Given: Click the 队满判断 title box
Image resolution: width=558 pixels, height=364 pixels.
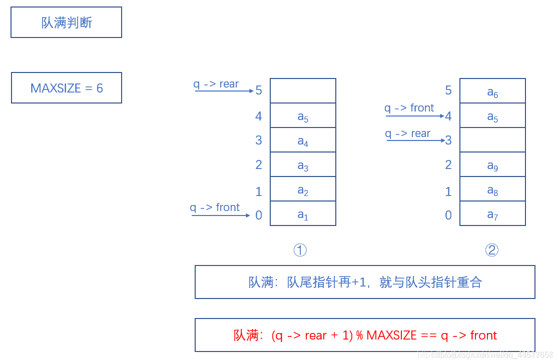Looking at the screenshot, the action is point(66,22).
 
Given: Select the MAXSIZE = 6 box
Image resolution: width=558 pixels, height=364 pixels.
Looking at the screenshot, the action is point(67,88).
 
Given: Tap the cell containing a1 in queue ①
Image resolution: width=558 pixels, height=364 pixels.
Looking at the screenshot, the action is point(303,213).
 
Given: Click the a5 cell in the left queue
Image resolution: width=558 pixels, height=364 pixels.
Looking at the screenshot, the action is point(303,115).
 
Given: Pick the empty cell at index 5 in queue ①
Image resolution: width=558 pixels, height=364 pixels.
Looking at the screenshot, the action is point(303,91).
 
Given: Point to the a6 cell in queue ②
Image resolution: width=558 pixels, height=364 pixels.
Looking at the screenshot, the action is point(492,91).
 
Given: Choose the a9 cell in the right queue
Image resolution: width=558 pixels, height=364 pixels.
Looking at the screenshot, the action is point(492,164).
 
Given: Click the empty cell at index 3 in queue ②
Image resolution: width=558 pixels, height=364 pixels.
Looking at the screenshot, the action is point(492,140).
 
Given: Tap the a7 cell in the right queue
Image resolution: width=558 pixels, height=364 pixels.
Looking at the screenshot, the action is point(492,213).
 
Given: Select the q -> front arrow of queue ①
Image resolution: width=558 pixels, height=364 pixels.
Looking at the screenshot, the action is point(220,215).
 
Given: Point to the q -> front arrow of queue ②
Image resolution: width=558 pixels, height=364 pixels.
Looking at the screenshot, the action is point(414,116).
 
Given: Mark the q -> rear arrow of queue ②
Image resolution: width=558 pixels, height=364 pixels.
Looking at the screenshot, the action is point(415,140).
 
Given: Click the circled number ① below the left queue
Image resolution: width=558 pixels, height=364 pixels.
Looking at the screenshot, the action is point(300,250).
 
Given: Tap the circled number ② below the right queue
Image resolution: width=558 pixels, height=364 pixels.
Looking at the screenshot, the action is point(492,250).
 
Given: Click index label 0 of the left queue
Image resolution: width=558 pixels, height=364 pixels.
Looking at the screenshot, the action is point(259,215).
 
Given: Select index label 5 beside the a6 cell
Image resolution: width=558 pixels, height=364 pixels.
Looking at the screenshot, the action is point(448,90).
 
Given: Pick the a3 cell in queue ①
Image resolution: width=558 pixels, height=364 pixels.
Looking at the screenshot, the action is point(303,164).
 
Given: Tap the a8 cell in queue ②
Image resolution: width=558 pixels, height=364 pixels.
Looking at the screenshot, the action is point(492,189).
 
